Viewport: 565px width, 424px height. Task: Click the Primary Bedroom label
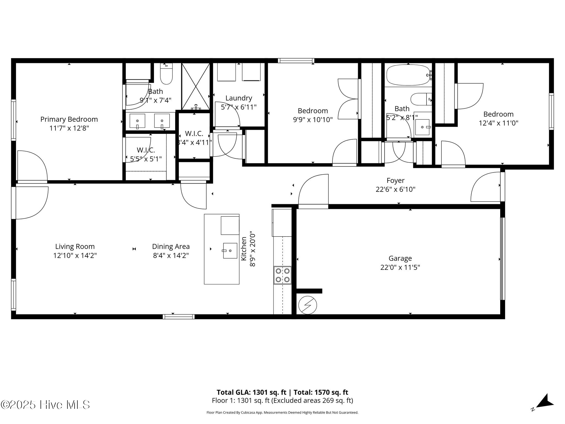click(x=69, y=119)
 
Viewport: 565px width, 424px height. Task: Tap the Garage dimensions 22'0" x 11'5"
click(x=400, y=267)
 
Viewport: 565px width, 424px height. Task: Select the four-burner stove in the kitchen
click(x=282, y=275)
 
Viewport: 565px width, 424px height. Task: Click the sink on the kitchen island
click(x=230, y=251)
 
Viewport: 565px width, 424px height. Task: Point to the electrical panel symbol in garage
click(x=308, y=305)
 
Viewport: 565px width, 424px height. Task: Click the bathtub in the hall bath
click(x=408, y=75)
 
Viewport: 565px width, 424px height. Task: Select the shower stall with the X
click(x=196, y=86)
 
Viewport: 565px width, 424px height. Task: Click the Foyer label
click(x=395, y=181)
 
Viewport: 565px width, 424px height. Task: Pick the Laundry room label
click(x=239, y=98)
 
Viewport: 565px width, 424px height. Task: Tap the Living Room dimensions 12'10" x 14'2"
click(x=75, y=255)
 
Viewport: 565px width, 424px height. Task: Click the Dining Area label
click(x=171, y=246)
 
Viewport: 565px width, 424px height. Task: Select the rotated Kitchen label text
click(x=244, y=248)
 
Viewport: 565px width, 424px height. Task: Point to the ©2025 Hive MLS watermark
click(x=45, y=405)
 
